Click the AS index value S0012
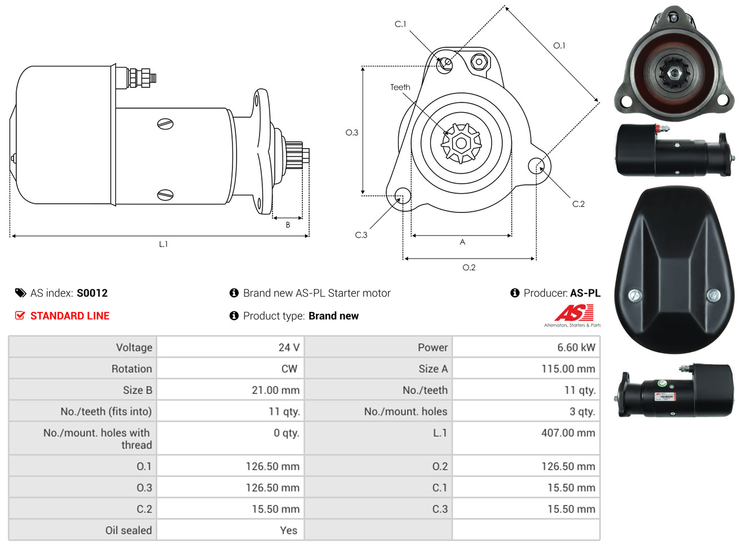[92, 293]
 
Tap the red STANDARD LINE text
[70, 316]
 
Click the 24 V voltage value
[289, 347]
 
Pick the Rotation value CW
[289, 368]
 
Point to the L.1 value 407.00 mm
[568, 433]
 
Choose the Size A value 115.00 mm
[568, 368]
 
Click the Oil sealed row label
[128, 531]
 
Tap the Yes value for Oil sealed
[289, 531]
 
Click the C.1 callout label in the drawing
[400, 24]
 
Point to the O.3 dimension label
[352, 133]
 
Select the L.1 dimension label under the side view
[163, 244]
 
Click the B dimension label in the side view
[288, 225]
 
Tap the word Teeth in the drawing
[400, 87]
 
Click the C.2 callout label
[578, 204]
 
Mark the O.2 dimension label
[468, 268]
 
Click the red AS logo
[574, 313]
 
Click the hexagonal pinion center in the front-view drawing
[461, 144]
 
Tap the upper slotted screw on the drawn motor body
[166, 124]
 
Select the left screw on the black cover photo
[635, 295]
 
